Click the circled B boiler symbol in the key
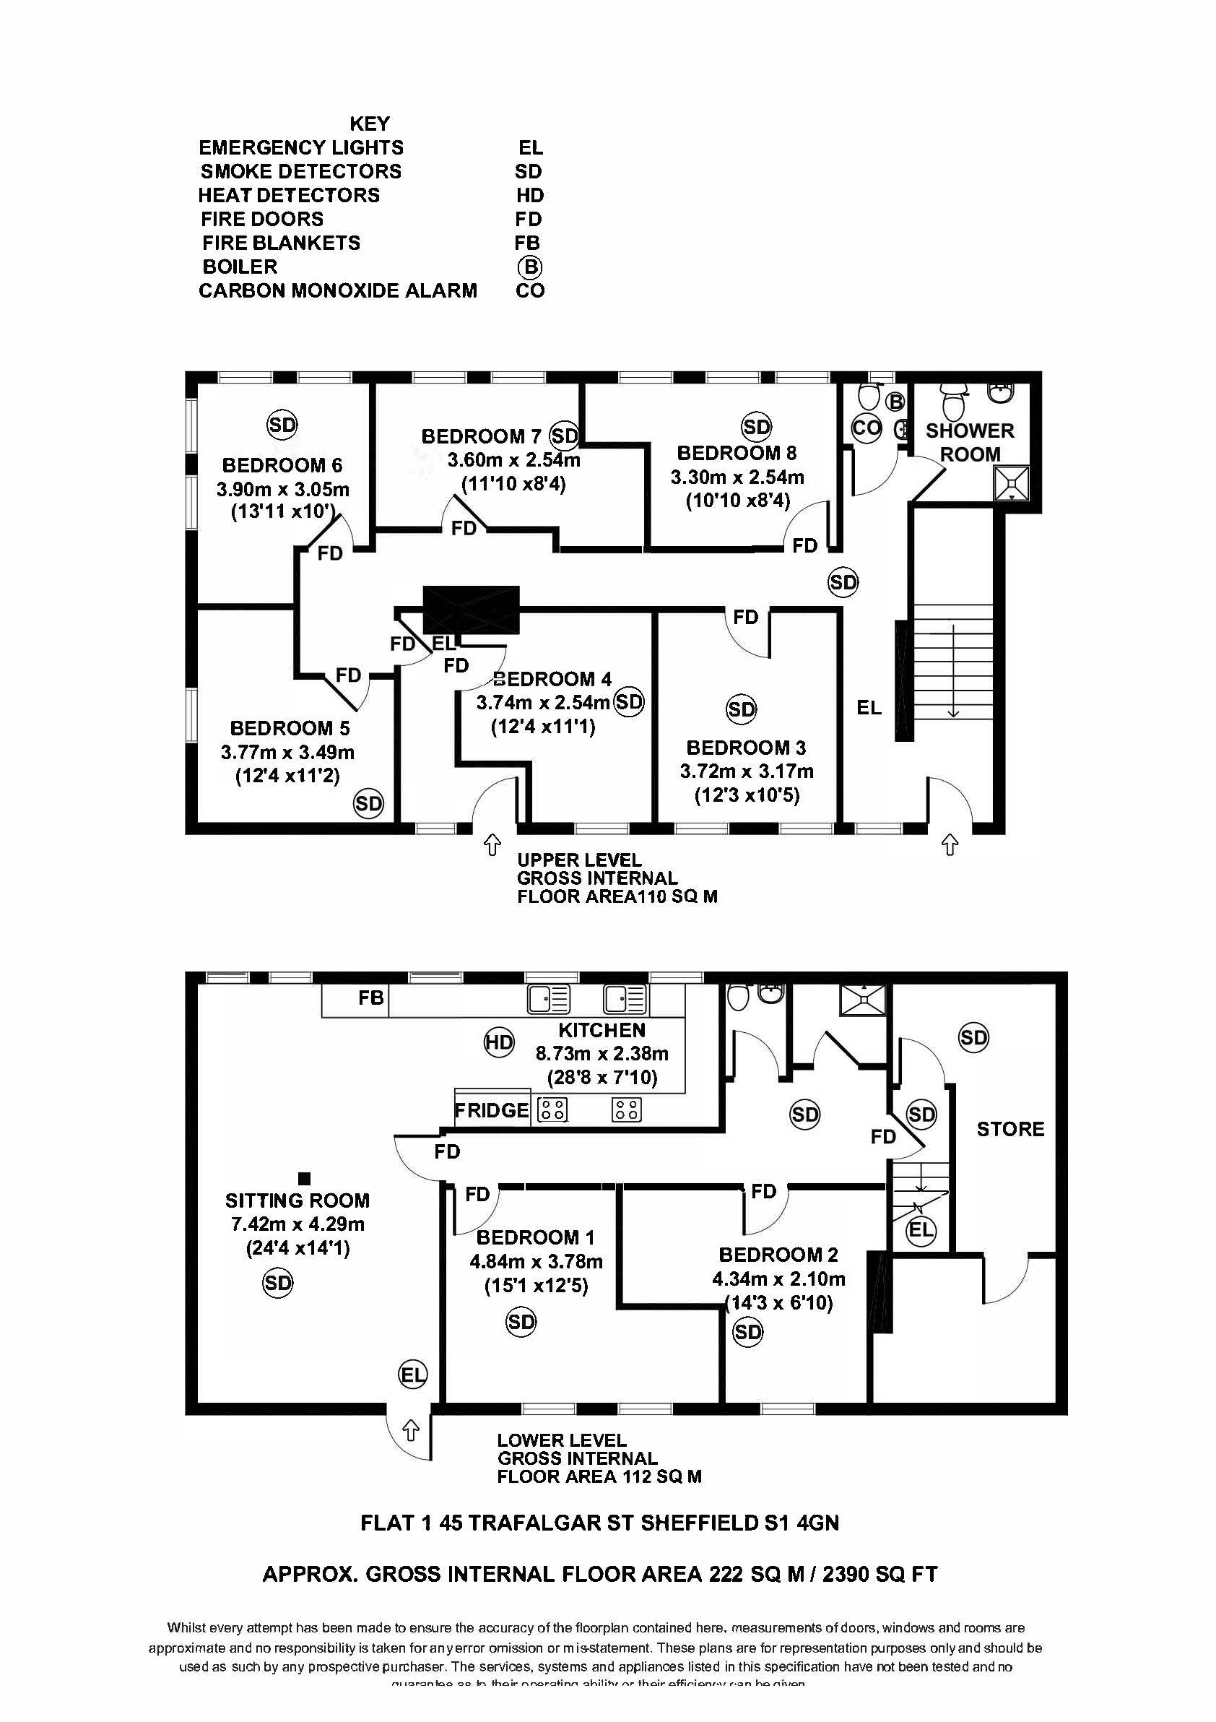coord(529,267)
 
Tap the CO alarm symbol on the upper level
coord(867,428)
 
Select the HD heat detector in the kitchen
coord(498,1042)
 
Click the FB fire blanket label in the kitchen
coord(370,998)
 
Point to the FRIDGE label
coord(492,1110)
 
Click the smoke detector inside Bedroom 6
coord(282,425)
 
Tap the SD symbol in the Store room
coord(973,1038)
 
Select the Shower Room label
coord(969,443)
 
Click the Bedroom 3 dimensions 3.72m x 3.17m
coord(746,771)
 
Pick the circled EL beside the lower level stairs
coord(921,1229)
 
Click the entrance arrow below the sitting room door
coord(410,1430)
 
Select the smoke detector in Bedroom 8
coord(757,428)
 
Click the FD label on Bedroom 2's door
coord(763,1191)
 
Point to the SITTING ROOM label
coord(298,1200)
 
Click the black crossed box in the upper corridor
coord(471,610)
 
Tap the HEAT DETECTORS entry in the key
coord(290,195)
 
